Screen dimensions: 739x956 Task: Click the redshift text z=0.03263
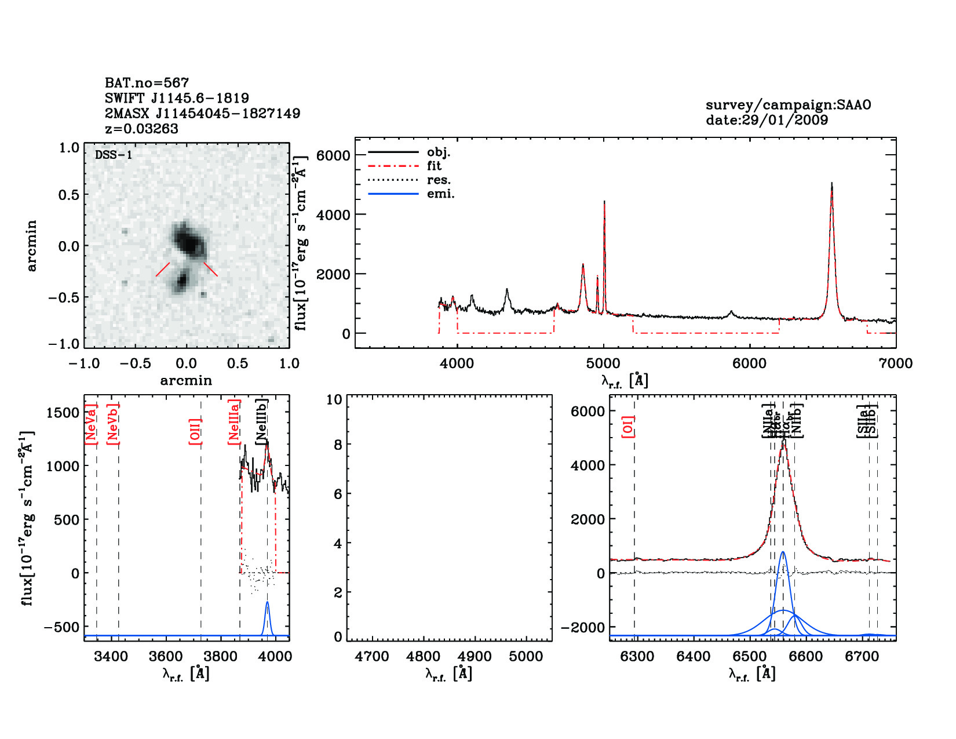141,129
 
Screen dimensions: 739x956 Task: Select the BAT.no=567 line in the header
147,83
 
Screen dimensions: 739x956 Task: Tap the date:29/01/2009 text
767,120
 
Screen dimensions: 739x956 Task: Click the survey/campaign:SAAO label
788,105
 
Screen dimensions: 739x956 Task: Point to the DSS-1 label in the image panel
114,155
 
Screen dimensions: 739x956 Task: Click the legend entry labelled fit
434,166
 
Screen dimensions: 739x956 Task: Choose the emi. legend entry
440,194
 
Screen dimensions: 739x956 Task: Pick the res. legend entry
439,180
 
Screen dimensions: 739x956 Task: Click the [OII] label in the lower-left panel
195,431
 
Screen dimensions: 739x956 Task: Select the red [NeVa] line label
91,424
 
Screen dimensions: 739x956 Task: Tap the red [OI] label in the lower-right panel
628,426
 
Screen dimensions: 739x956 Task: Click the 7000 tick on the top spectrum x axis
896,363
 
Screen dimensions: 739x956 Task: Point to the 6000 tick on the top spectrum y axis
333,155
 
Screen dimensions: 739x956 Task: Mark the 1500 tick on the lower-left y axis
63,413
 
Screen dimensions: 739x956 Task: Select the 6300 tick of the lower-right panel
637,657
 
